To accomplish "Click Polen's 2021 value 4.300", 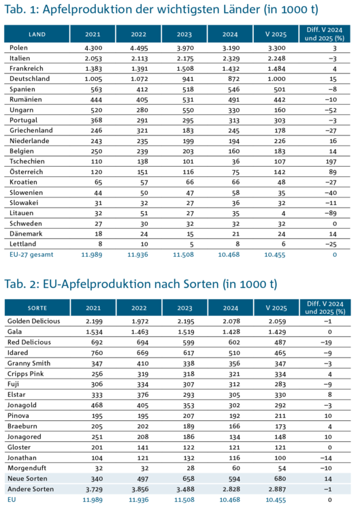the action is point(93,48).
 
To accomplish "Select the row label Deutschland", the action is point(29,79).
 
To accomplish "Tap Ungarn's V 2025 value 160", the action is point(280,110).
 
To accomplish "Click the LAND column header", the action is point(37,34).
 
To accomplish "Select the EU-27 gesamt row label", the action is point(31,255).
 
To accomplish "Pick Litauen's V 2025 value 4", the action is point(284,214).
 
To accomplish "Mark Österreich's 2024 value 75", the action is point(235,172).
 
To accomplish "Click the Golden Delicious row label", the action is point(33,321).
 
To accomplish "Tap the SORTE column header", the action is point(37,308).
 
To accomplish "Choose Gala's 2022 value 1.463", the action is point(140,332).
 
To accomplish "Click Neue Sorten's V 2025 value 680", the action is point(280,479).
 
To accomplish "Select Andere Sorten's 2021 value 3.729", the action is point(94,489).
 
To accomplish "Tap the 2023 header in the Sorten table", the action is point(184,308).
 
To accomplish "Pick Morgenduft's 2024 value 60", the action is point(236,468).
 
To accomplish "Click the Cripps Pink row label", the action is point(26,374).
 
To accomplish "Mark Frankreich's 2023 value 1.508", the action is point(185,69).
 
